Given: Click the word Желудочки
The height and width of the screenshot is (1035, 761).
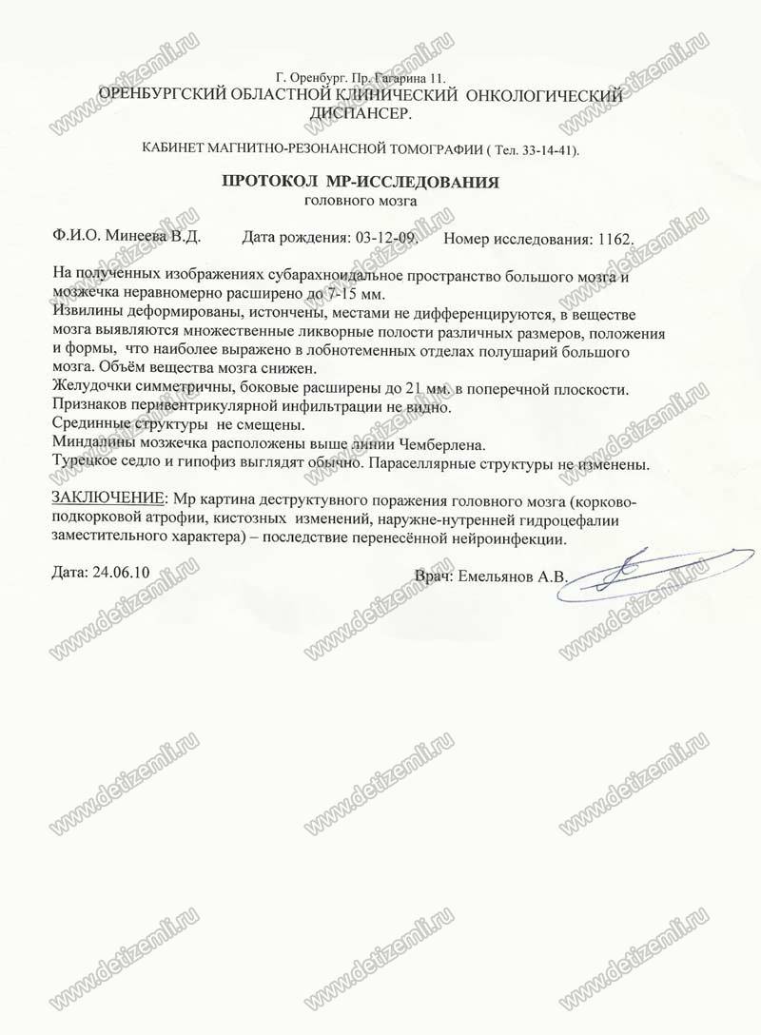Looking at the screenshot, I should (x=89, y=388).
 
